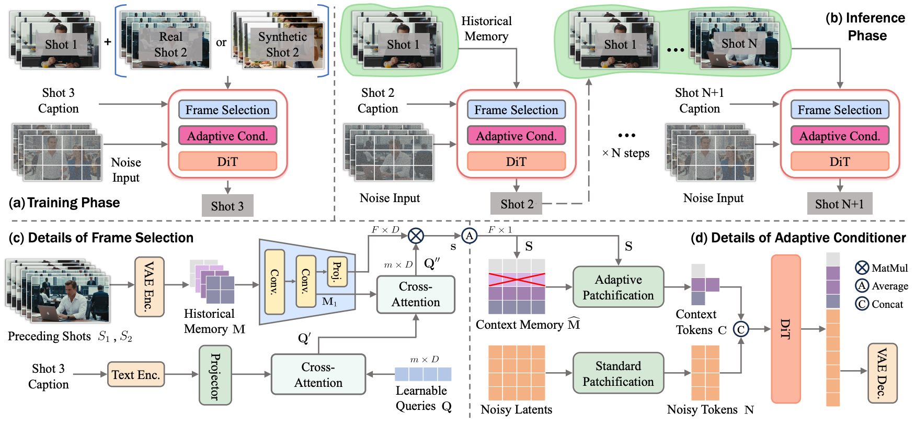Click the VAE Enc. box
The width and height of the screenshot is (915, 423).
150,286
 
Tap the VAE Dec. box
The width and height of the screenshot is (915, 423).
882,373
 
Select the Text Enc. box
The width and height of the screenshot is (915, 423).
136,375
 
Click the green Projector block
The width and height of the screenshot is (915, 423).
215,375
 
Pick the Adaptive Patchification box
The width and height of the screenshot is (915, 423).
618,287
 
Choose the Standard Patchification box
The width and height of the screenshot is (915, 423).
618,373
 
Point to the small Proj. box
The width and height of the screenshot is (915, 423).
337,271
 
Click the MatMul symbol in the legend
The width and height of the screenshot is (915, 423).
862,268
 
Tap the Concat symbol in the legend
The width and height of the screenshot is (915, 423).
862,304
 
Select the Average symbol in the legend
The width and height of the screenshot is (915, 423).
862,285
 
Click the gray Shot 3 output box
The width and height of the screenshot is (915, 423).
227,206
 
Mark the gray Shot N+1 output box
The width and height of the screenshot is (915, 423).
839,204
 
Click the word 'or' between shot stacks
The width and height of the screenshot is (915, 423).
221,42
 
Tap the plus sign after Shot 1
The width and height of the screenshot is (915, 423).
108,42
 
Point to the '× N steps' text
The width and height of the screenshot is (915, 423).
626,153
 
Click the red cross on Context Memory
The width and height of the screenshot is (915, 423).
517,280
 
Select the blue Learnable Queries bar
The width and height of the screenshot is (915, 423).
422,374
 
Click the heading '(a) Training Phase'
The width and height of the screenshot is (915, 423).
64,203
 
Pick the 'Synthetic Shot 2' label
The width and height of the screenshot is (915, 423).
282,44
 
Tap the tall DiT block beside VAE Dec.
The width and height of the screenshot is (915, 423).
785,329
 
